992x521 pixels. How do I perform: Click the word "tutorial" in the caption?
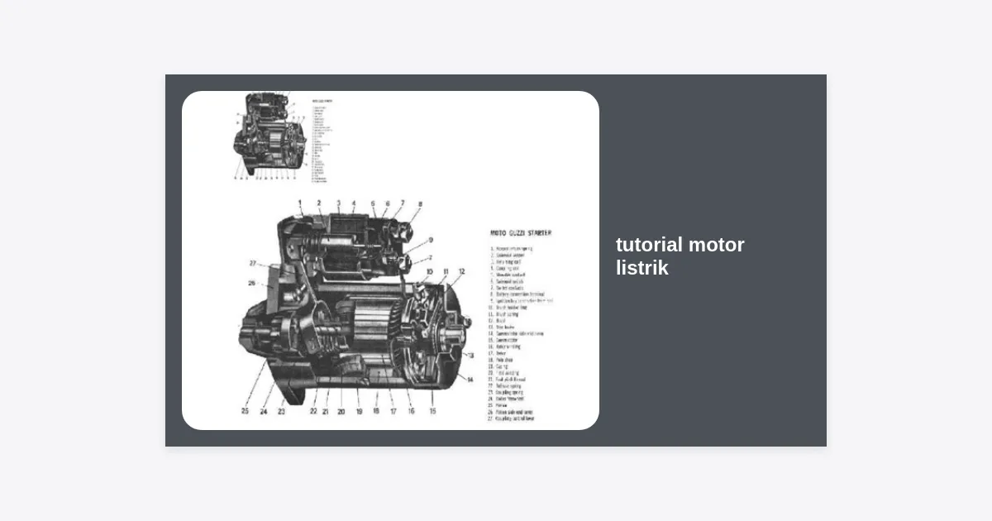[649, 245]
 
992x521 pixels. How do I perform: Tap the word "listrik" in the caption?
[641, 268]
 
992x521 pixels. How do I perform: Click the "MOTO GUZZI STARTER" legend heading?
[521, 233]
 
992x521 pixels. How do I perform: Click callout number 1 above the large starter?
[300, 203]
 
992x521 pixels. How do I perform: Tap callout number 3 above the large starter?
[338, 203]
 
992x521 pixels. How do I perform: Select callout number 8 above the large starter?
[420, 203]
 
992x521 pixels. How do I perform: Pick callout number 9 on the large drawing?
[431, 241]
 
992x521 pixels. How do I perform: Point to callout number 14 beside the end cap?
[470, 380]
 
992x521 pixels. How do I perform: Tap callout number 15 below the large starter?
[432, 410]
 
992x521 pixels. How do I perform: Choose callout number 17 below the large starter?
[393, 411]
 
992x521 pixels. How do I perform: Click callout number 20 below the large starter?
[341, 411]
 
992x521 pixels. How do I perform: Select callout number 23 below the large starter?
[281, 411]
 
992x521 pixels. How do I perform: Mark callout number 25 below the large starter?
[245, 410]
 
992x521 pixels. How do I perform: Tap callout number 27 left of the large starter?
[253, 263]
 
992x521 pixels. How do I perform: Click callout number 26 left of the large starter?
[251, 283]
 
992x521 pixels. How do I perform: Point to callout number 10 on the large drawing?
[430, 271]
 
